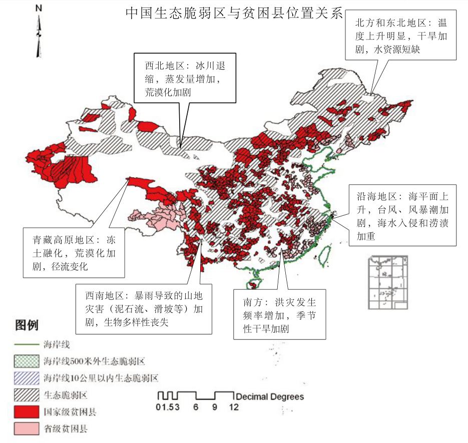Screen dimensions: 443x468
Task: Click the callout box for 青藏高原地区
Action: [x=74, y=253]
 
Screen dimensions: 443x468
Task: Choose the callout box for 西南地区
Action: [x=144, y=309]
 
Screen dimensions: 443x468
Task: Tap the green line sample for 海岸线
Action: [x=26, y=345]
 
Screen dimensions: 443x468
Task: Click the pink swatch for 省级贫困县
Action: [x=26, y=429]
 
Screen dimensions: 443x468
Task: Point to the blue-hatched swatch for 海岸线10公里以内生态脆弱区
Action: [x=26, y=378]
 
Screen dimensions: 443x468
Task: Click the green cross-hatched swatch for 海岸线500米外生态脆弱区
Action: [x=26, y=361]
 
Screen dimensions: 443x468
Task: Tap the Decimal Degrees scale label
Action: [x=270, y=397]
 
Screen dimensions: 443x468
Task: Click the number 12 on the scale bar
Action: [x=233, y=407]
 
